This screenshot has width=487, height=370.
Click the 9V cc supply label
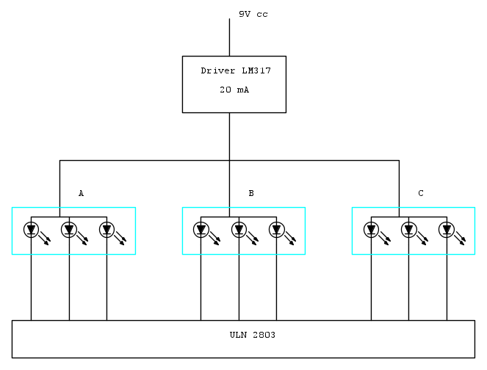pos(253,14)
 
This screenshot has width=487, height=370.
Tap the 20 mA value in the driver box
pos(234,90)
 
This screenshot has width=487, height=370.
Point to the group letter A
pos(81,194)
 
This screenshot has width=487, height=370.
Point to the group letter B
pos(250,194)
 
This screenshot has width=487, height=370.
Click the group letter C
pos(420,194)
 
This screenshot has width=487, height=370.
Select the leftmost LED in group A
pos(31,230)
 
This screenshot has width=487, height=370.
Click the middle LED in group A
pos(69,230)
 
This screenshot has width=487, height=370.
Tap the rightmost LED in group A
pos(107,230)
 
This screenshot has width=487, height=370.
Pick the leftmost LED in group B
pos(201,230)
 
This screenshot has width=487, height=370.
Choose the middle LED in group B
pos(239,230)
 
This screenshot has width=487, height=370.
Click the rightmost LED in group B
pos(276,230)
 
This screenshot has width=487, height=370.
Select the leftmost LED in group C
pos(371,230)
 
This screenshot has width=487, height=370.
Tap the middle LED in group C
pos(408,230)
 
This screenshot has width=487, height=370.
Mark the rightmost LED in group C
pos(447,230)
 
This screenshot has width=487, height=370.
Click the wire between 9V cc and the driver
pos(229,37)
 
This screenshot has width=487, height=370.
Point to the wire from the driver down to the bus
pos(229,136)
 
